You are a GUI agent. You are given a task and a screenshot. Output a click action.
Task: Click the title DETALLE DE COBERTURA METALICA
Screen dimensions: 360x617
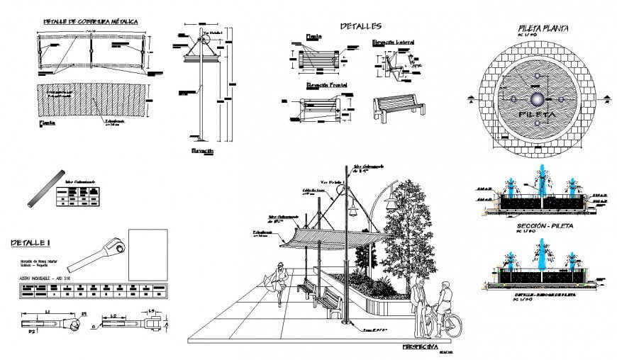[91, 22]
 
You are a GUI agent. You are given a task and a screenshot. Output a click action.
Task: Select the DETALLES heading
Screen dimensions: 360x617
[360, 26]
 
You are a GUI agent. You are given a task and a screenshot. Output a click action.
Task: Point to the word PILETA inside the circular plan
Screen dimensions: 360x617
[538, 113]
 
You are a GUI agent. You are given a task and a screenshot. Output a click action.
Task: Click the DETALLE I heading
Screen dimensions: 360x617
[29, 243]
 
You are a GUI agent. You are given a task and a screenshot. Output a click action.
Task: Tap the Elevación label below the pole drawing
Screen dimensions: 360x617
[202, 152]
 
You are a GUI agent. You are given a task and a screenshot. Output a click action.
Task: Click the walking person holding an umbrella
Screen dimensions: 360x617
[279, 282]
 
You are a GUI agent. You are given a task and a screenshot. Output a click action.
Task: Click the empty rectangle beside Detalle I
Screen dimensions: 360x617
[148, 255]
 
